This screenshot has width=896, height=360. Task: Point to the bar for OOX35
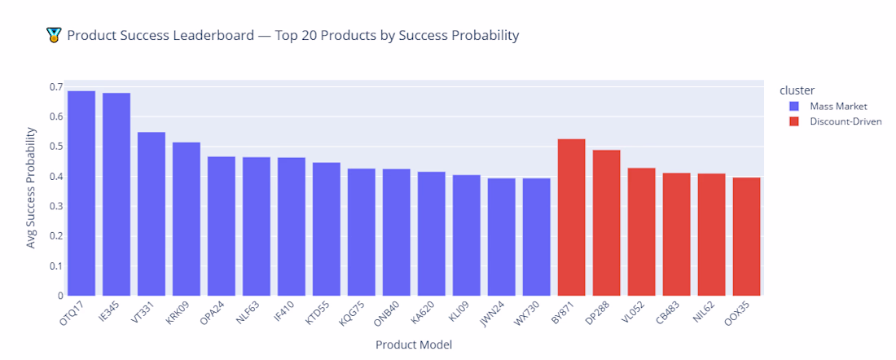click(x=747, y=236)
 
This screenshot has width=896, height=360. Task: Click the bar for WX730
click(x=537, y=237)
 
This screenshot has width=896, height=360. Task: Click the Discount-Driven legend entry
click(x=845, y=121)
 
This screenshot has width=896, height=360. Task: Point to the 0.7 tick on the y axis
click(x=55, y=86)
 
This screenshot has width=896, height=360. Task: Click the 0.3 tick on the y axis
click(x=55, y=206)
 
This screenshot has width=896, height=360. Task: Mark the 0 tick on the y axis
click(x=59, y=296)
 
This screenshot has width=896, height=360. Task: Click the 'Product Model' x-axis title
click(x=414, y=345)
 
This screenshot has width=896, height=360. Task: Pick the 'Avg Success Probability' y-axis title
click(x=31, y=188)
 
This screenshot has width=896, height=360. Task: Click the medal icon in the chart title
click(x=55, y=36)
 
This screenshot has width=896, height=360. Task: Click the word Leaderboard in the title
click(x=207, y=36)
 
